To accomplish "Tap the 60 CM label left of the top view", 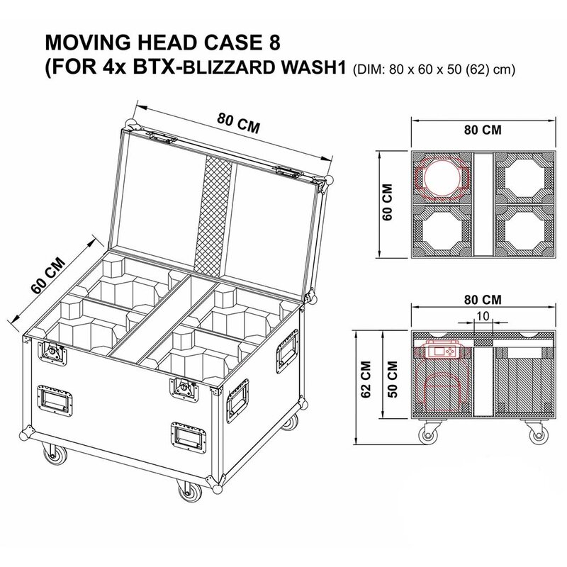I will point(388,203).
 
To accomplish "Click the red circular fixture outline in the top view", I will point(443,176).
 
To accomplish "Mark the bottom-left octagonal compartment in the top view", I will point(443,232).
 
